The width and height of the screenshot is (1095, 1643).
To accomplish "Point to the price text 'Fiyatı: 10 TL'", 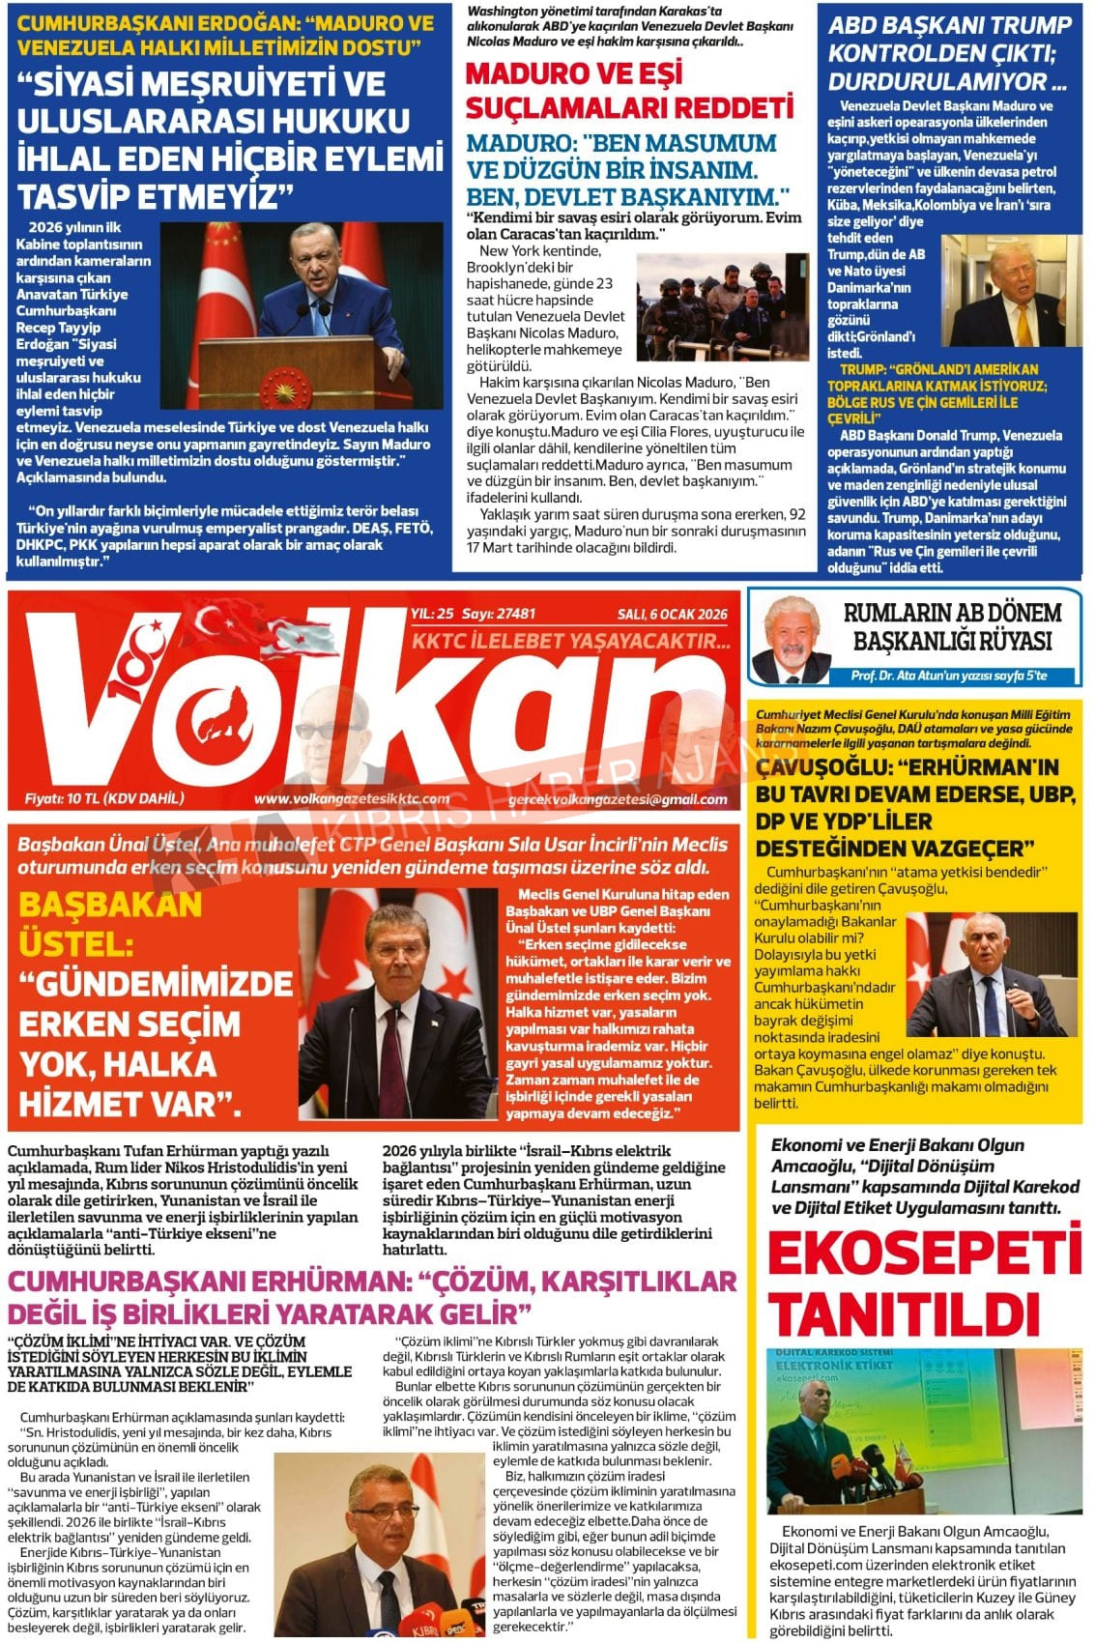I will tap(104, 798).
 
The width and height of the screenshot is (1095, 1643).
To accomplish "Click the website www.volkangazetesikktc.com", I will tap(352, 799).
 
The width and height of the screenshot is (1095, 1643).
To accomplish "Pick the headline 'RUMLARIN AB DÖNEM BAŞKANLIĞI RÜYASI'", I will tap(952, 626).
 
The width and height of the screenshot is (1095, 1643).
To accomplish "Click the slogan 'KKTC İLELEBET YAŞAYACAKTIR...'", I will tap(571, 642).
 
